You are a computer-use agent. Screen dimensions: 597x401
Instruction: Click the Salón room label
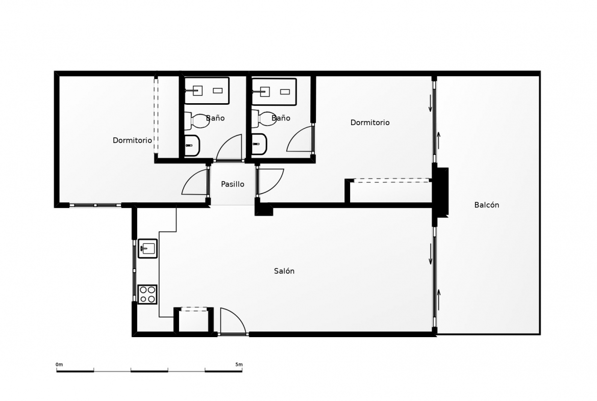(x=284, y=271)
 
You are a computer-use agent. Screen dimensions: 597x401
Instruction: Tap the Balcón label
(x=487, y=205)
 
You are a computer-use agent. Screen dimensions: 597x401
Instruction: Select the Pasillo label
(x=233, y=184)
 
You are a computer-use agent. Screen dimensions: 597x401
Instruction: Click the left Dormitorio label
(x=132, y=140)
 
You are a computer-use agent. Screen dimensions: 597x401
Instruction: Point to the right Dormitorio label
(x=370, y=123)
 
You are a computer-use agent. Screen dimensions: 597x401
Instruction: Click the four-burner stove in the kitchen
(x=147, y=294)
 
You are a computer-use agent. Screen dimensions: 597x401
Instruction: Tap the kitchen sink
(x=147, y=249)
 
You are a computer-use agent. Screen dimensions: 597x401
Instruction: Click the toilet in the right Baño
(x=263, y=120)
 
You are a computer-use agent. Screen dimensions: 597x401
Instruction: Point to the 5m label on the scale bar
(x=239, y=364)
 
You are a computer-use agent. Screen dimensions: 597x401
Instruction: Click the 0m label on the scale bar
(x=59, y=364)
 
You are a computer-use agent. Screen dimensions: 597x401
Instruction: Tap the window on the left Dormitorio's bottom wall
(x=95, y=205)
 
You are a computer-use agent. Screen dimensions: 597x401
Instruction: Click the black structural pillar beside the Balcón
(x=440, y=192)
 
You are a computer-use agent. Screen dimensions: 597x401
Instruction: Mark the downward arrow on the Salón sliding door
(x=431, y=254)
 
